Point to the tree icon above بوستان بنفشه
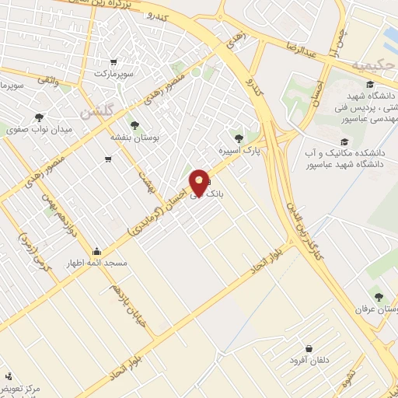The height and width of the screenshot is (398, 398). coord(136,124)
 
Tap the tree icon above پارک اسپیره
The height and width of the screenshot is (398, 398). coord(239,138)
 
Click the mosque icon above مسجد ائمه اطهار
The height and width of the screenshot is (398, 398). coord(96,251)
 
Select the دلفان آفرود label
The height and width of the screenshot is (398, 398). coord(309,361)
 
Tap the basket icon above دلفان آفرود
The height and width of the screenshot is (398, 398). coord(309,348)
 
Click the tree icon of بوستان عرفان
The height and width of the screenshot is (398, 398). coord(379,296)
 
